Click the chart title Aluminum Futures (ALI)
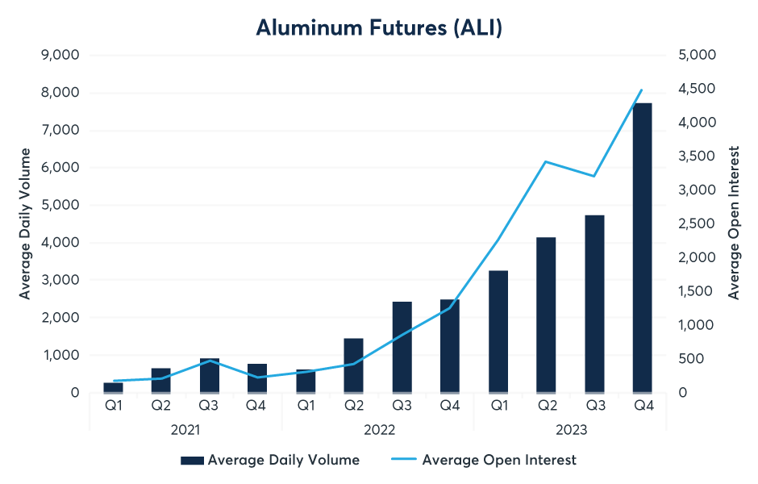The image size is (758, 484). (379, 27)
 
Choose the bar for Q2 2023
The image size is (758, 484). (546, 315)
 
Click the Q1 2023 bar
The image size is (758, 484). (498, 332)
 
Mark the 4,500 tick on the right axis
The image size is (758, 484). (697, 89)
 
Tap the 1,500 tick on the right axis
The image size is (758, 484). (697, 291)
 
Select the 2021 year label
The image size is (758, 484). (185, 430)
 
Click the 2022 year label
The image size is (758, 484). (377, 430)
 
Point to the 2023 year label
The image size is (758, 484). (570, 430)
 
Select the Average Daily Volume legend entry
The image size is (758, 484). (270, 460)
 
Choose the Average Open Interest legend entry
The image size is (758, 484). (484, 460)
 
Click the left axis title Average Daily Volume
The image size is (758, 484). (25, 223)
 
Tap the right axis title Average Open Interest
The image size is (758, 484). (734, 223)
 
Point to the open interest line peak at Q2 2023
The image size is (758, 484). (546, 161)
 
